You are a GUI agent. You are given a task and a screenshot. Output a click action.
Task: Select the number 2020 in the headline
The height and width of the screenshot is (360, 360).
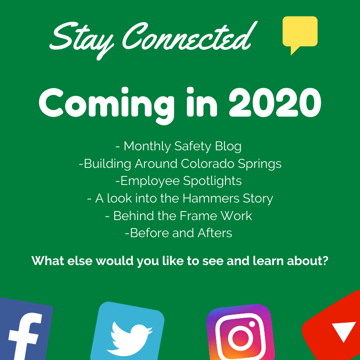pyautogui.click(x=273, y=102)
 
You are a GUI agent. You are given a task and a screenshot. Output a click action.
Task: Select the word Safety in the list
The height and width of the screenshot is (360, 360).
pyautogui.click(x=195, y=146)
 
